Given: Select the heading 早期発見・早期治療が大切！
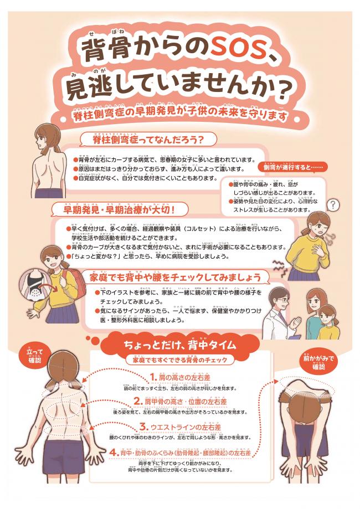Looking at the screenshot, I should [121, 209].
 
